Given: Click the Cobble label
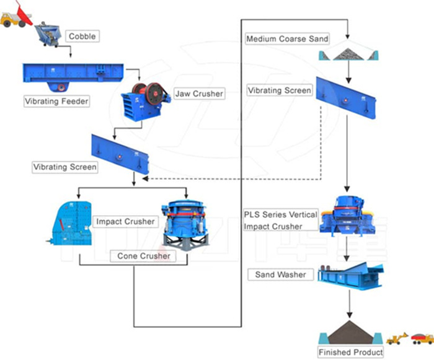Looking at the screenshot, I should point(82,37).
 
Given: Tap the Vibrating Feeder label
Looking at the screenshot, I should point(56,100).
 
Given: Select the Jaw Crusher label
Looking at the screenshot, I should point(198,94).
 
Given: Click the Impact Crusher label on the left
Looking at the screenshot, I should point(125,221).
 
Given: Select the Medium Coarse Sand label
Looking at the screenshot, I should point(287,39).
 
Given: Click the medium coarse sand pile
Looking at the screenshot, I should point(350,54).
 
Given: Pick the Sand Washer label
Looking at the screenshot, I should point(280,274).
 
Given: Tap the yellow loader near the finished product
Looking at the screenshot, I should point(397,338).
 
